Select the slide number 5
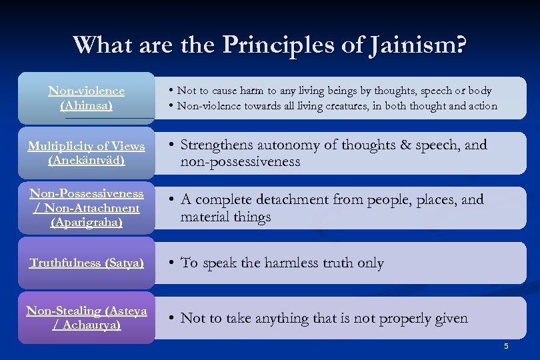(x=506, y=346)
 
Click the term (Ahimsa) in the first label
(x=86, y=105)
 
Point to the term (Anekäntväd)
(x=86, y=161)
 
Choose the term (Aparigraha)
(x=86, y=223)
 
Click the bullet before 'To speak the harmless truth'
(x=171, y=263)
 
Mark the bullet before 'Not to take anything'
(x=171, y=318)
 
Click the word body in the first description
(x=479, y=91)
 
